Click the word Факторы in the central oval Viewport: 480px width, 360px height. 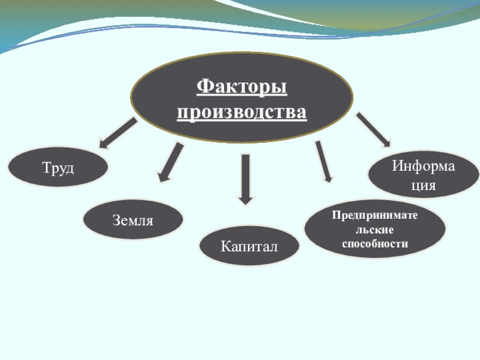242,87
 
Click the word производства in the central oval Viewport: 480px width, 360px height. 242,112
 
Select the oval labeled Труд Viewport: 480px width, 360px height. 58,168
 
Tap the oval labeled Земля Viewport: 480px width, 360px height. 132,220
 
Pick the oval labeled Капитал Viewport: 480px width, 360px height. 249,246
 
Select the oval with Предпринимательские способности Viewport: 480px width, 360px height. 375,229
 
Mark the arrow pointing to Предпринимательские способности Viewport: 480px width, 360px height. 324,161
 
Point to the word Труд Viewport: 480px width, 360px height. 58,168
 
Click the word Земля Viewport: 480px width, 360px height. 132,220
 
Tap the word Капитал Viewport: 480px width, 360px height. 249,246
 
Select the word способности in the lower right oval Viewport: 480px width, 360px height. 375,244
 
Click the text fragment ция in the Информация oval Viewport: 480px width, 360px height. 423,186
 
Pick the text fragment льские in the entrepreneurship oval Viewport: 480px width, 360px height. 375,229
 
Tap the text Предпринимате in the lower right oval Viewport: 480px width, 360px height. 375,215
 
